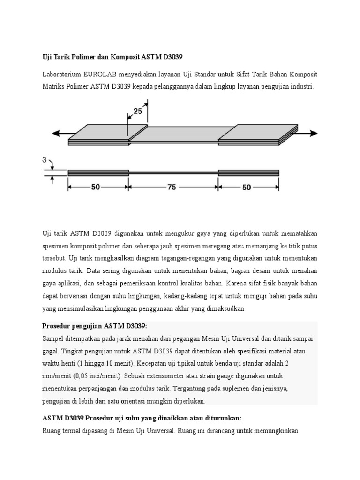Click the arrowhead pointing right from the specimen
point(313,133)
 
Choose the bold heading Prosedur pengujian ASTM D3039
point(95,326)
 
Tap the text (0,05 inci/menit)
point(103,376)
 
